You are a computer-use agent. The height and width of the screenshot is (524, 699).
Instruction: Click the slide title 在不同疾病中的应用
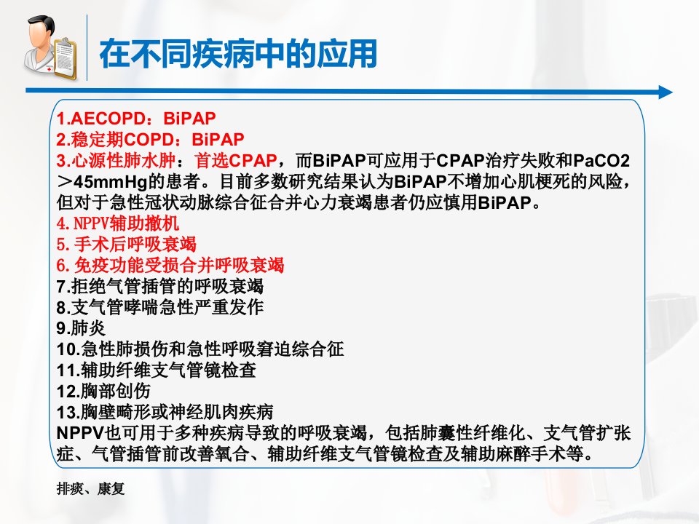tap(239, 54)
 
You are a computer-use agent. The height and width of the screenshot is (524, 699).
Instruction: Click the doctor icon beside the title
tap(50, 48)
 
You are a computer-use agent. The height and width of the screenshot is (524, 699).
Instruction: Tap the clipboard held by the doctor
tap(64, 60)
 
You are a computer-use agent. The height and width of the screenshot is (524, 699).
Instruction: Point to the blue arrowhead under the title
tap(665, 92)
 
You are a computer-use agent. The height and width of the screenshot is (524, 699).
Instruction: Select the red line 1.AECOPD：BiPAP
tap(136, 119)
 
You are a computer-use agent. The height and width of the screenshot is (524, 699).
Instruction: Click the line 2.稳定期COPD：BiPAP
tap(150, 140)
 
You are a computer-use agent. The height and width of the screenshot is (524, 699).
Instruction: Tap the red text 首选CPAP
tap(235, 160)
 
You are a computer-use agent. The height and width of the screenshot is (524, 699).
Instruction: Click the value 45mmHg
tap(111, 182)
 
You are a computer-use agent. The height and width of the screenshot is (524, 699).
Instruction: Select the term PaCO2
tap(601, 160)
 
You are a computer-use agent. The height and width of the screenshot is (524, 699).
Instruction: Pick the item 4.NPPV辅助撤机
tap(118, 223)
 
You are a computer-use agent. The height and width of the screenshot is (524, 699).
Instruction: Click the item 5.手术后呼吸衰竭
tap(127, 245)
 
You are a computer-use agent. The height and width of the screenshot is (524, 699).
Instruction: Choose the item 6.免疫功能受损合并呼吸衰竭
tap(170, 265)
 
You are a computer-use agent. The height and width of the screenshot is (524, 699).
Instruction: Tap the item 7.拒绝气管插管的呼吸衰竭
tap(160, 286)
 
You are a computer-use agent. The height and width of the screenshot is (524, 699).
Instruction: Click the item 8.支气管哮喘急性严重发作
tap(160, 307)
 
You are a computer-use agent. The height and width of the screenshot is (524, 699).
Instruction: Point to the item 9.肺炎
tap(81, 328)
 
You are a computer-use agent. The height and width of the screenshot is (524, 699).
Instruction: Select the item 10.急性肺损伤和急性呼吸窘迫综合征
tap(200, 349)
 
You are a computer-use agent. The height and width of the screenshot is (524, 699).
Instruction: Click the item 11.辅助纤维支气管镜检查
tap(157, 370)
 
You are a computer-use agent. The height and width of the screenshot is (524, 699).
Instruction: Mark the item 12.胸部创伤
tap(103, 392)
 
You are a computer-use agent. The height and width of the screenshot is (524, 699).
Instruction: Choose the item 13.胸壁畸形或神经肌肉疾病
tap(165, 412)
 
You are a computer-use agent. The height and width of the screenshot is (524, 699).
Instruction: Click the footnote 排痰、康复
tap(90, 489)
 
